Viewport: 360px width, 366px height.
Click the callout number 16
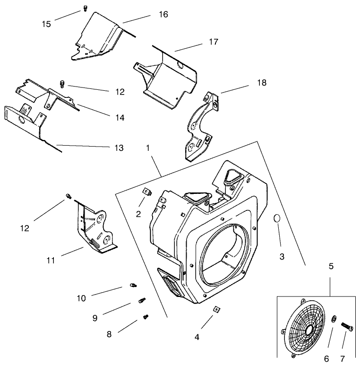163,15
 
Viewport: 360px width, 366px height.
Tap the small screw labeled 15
85,7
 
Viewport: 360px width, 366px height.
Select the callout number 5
331,267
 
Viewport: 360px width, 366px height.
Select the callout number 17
213,42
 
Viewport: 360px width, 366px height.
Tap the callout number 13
119,148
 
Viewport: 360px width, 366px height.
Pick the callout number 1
148,148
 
